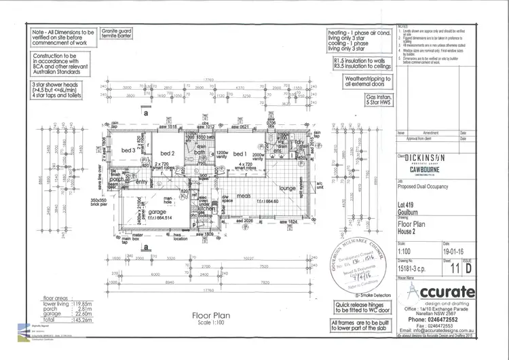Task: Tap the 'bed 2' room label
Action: [x=168, y=154]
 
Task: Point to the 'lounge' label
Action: [x=287, y=188]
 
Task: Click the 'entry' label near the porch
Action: [x=141, y=182]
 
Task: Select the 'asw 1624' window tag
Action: [x=289, y=222]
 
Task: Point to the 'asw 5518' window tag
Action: [x=167, y=127]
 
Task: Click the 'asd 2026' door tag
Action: [x=244, y=222]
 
